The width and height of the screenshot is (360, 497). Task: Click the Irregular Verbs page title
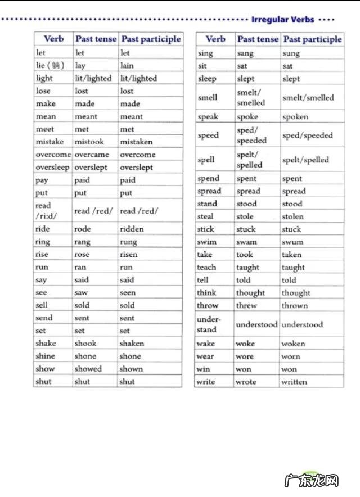click(x=282, y=19)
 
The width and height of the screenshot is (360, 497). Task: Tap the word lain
click(x=127, y=65)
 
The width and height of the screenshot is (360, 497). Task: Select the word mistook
click(x=89, y=142)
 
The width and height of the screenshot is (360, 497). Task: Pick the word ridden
click(x=132, y=229)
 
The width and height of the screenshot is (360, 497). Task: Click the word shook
click(x=85, y=343)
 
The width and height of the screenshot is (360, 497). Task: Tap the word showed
click(x=88, y=369)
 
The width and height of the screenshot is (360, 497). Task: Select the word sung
click(x=291, y=53)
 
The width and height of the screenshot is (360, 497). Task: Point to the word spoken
click(x=295, y=117)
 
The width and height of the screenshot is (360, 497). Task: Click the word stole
click(x=245, y=216)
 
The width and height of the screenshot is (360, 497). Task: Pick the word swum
click(x=292, y=242)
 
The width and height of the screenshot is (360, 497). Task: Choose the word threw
click(x=246, y=305)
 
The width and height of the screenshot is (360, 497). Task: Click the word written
click(x=294, y=382)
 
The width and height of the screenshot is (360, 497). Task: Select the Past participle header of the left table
click(x=151, y=39)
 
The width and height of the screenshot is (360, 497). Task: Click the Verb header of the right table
click(x=215, y=39)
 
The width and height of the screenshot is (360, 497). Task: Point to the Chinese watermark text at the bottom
click(x=319, y=482)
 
